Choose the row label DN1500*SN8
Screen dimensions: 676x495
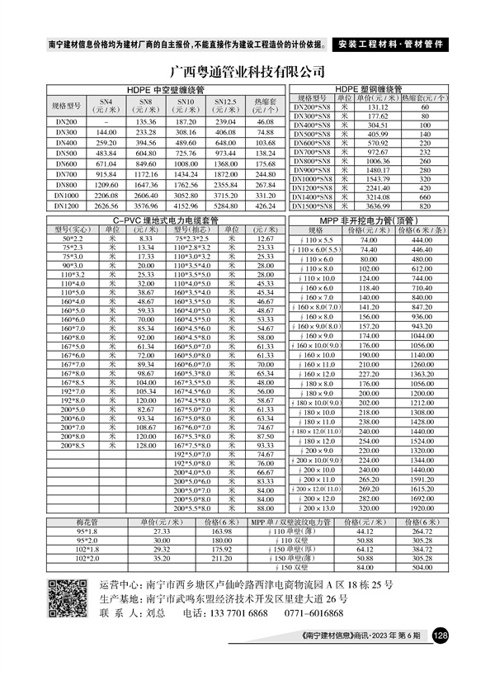(314, 206)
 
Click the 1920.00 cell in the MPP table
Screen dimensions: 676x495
(422, 509)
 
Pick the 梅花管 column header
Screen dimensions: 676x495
(87, 522)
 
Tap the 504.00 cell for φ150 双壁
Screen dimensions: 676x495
(422, 568)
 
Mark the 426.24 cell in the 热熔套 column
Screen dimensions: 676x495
(264, 206)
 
